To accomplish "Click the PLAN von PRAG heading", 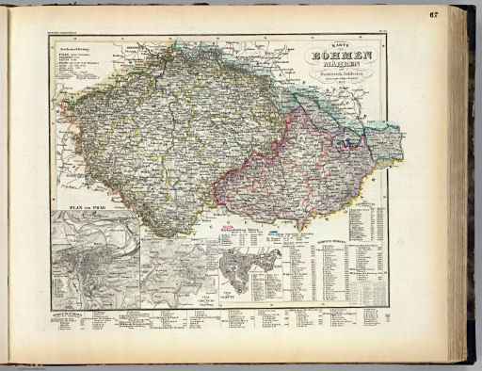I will pos(79,204).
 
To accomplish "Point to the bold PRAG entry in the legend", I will pos(63,57).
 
